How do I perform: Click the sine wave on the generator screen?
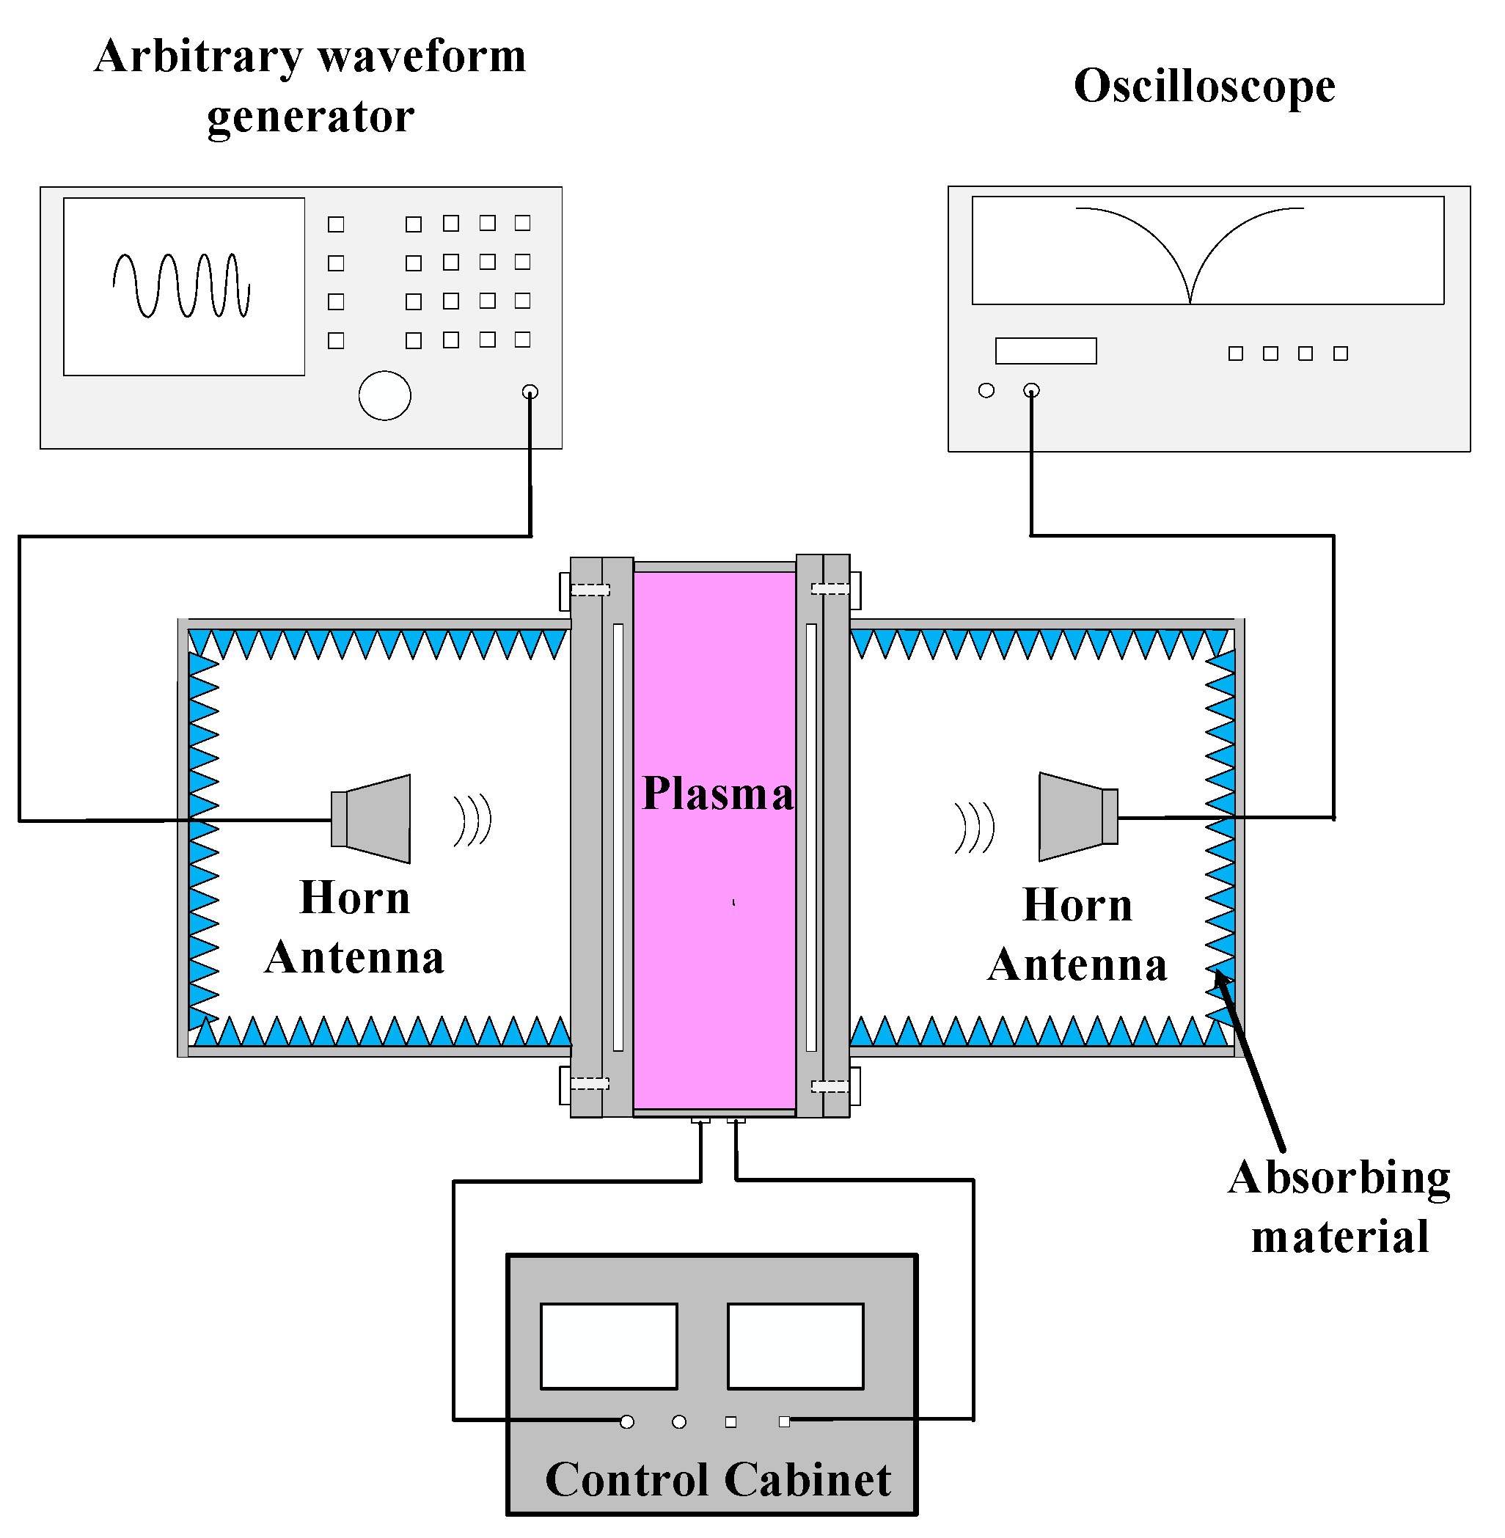click(x=182, y=285)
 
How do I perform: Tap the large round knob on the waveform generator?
click(x=385, y=395)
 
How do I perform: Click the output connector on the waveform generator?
click(x=530, y=391)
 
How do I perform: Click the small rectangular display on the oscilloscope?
click(x=1045, y=351)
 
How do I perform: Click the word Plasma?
click(x=717, y=794)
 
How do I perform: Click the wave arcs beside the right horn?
click(x=974, y=827)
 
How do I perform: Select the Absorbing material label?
click(x=1339, y=1206)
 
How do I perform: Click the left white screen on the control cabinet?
click(x=609, y=1346)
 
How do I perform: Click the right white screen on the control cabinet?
click(x=795, y=1346)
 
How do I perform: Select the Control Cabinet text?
click(x=718, y=1479)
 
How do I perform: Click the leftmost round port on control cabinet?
click(x=627, y=1422)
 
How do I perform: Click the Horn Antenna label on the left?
click(x=354, y=927)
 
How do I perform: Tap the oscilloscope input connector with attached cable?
click(x=1031, y=390)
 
